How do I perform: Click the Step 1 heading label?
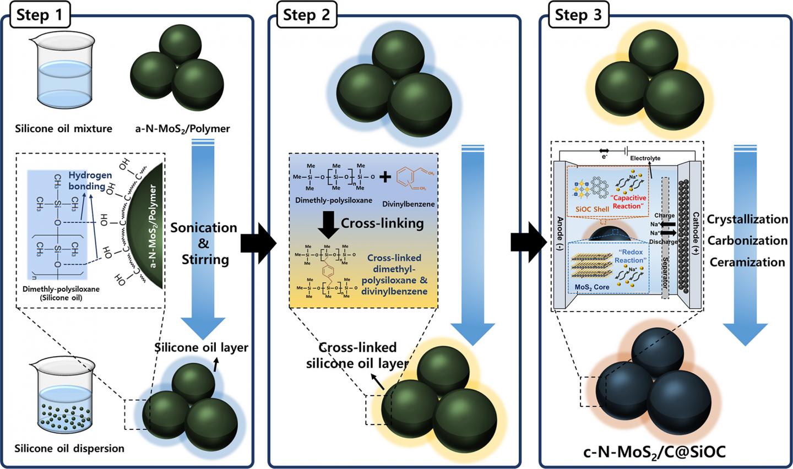coord(39,15)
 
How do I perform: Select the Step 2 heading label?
coord(306,15)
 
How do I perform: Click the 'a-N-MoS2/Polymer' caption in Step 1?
coord(183,129)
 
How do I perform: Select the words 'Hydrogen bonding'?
coord(90,181)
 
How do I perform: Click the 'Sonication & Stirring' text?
coord(204,243)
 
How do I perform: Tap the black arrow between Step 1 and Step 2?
coord(258,241)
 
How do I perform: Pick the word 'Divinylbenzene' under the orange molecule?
coord(408,204)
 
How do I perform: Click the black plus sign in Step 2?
coord(387,177)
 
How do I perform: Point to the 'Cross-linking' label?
coord(382,223)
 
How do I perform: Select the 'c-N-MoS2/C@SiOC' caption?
coord(654,452)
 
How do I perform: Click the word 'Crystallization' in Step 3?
coord(747,219)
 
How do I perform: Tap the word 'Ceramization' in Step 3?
coord(747,262)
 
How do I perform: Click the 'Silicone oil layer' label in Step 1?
coord(201,347)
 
